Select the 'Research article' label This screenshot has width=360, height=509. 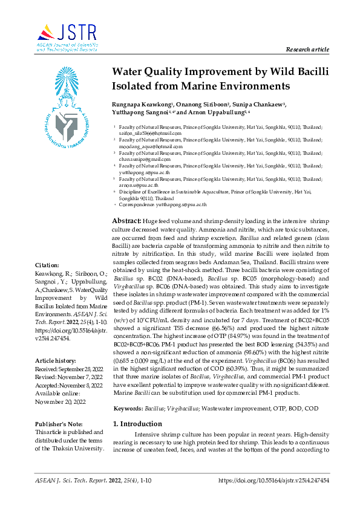coord(308,49)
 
